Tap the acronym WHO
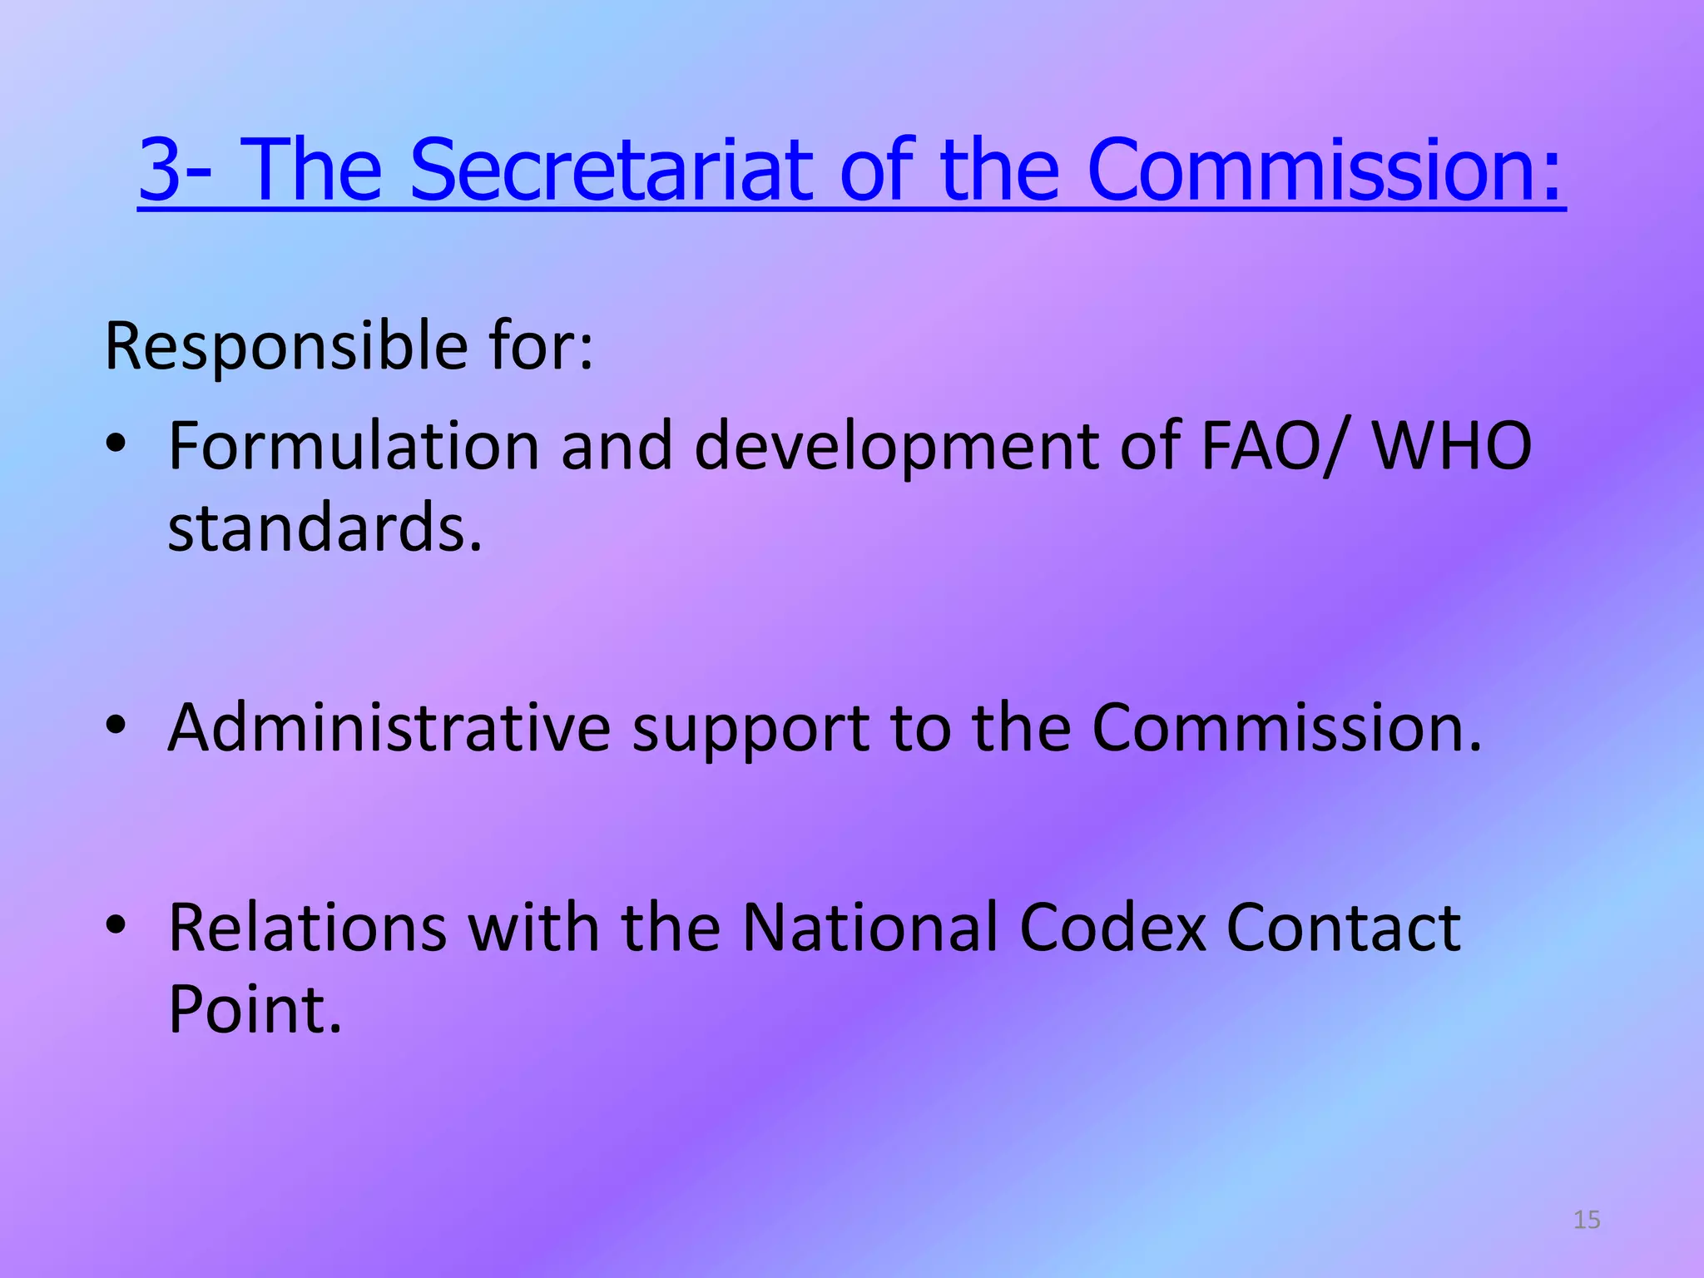[x=1451, y=447]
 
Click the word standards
[x=324, y=528]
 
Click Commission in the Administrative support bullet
[x=1286, y=728]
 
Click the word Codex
[x=1112, y=928]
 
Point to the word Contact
[x=1343, y=928]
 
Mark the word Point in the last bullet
[x=255, y=1009]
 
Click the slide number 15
[x=1587, y=1221]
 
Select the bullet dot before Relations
[x=116, y=925]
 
